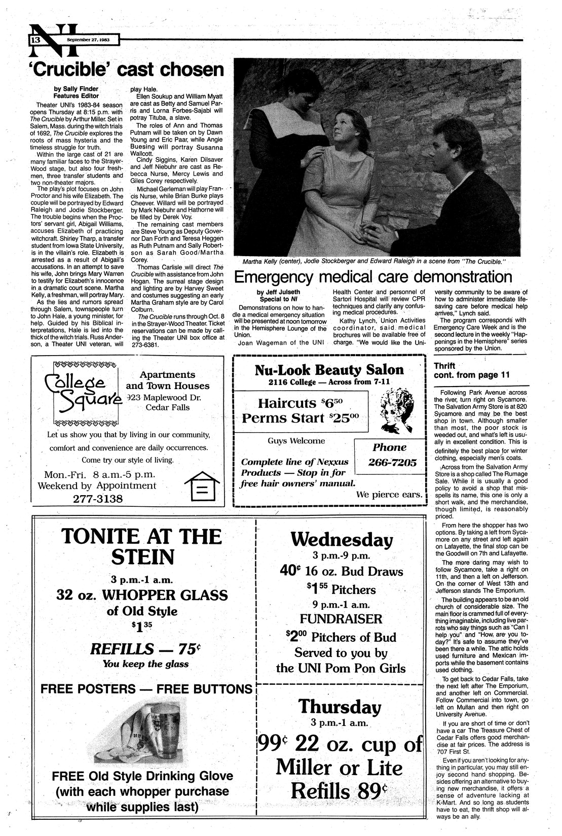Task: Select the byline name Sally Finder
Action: tap(77, 88)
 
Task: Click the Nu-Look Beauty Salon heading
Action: tap(329, 369)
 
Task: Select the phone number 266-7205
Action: tap(389, 463)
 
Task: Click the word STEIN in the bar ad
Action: tap(142, 558)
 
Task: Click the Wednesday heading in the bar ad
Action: tap(343, 539)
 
